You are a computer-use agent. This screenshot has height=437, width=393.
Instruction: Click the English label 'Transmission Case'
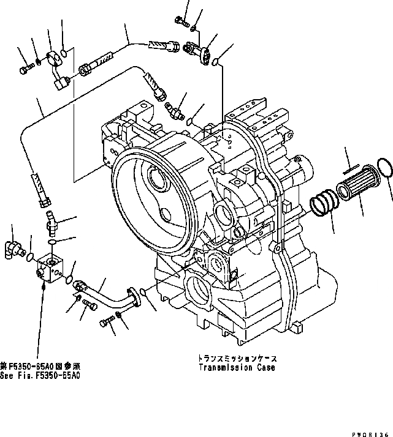pos(236,368)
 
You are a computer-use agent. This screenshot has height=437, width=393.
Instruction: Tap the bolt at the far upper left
pos(24,70)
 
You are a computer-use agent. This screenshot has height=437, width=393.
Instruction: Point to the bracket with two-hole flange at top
pos(199,49)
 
